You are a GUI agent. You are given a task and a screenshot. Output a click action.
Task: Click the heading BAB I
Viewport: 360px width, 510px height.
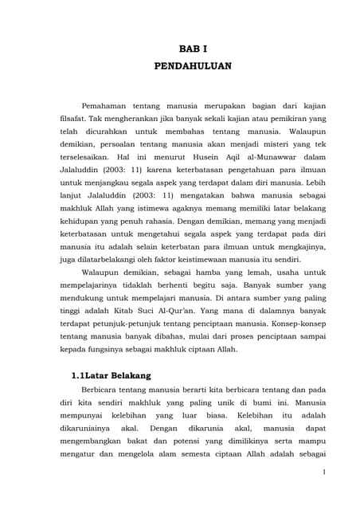192,49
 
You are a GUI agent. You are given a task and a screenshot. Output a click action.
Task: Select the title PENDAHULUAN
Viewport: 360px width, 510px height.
192,66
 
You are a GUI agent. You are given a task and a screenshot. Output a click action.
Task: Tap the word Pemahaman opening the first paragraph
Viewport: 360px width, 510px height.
107,105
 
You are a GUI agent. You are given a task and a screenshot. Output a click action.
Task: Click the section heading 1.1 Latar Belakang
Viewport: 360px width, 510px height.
112,375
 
